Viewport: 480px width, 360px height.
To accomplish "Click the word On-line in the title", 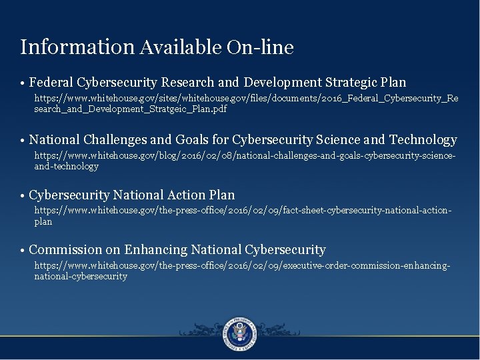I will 260,47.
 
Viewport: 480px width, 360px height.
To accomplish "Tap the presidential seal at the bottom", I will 240,331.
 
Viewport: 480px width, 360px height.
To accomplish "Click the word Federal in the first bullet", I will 52,83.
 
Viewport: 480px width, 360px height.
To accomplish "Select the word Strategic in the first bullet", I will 352,83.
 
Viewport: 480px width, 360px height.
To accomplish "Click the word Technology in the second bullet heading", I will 423,140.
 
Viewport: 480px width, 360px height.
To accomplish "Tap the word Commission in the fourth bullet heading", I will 65,250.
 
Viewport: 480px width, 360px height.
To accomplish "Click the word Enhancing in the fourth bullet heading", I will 155,250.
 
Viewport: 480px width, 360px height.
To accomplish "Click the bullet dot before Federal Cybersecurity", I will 23,84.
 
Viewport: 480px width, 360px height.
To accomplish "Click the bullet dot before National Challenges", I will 23,141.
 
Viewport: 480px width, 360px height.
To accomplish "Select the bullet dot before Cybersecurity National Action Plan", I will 23,197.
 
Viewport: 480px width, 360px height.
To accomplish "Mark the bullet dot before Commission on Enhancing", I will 23,251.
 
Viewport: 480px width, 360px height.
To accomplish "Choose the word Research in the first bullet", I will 188,83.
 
